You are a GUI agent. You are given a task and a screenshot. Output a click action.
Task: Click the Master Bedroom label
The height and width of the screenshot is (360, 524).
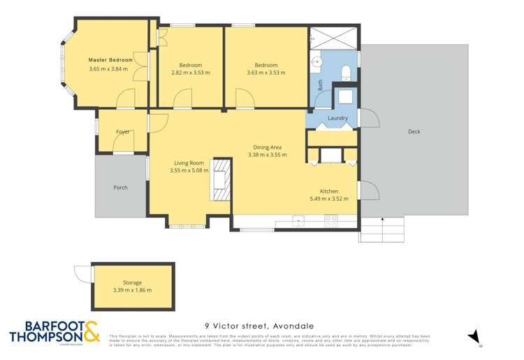pos(110,60)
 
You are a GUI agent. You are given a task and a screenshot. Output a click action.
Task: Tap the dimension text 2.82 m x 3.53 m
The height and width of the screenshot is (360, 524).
pos(190,72)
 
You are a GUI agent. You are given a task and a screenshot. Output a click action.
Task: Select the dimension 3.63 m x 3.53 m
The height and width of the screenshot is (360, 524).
pos(266,72)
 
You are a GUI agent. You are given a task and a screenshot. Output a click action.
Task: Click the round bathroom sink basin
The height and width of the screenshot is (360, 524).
pos(318,62)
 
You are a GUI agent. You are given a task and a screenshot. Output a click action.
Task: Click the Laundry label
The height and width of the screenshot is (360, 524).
pos(337,118)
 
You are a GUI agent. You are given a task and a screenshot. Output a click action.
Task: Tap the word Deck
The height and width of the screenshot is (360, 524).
pos(414,131)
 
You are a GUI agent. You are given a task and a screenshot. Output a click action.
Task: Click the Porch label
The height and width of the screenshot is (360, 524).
pos(120,187)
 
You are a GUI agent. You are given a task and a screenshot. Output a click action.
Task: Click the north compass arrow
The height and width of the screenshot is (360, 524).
pos(475,337)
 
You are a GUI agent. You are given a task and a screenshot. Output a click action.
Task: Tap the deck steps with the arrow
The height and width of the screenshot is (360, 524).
pos(381,229)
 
